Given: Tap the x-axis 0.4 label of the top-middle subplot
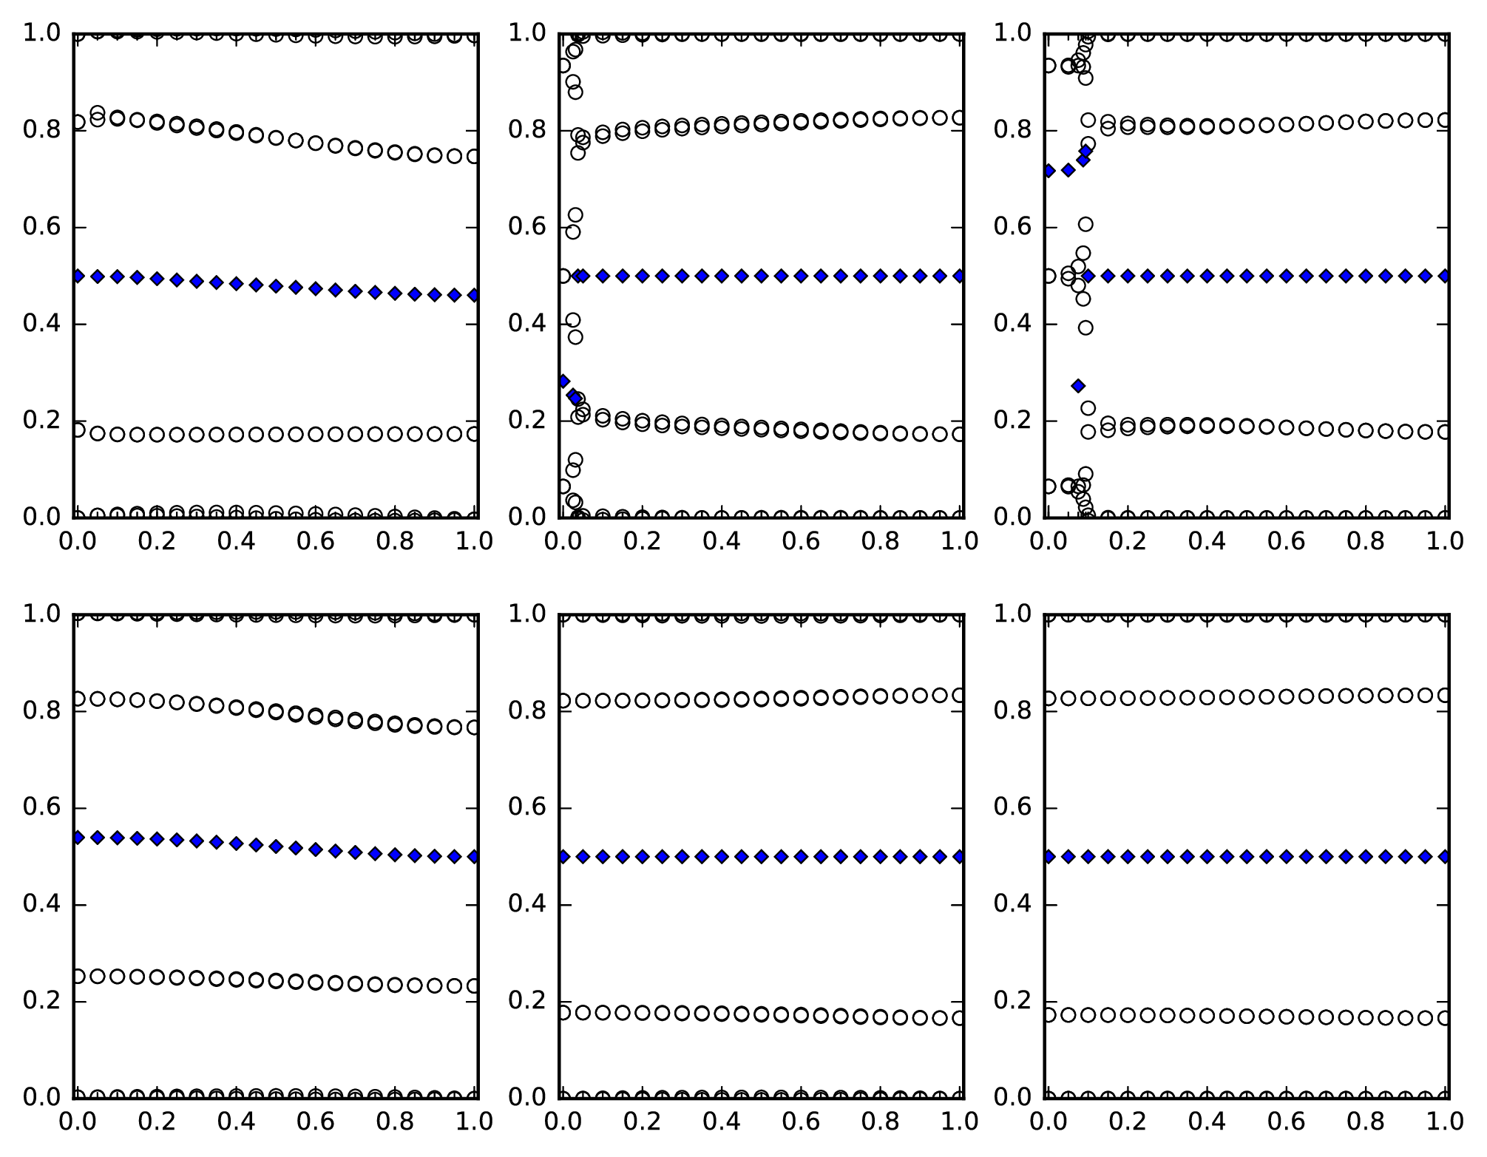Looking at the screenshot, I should tap(721, 541).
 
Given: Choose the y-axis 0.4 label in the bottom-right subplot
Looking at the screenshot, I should tap(1015, 905).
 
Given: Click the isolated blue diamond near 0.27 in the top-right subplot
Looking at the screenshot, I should tap(1078, 386).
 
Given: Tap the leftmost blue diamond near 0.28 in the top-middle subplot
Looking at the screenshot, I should tap(563, 381).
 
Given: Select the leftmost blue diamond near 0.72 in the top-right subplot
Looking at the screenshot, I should tap(1048, 171).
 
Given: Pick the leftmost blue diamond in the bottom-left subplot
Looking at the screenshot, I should tap(77, 838).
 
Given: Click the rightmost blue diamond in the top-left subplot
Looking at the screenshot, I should tap(474, 295).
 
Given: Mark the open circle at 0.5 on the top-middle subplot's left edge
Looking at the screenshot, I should tap(563, 276).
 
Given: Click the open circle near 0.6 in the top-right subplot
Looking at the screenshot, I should tap(1085, 224).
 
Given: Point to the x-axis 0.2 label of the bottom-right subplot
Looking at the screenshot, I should tap(1127, 1122).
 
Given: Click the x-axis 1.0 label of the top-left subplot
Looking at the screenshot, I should tap(474, 541).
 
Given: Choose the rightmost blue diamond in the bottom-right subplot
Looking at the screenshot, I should tap(1446, 857).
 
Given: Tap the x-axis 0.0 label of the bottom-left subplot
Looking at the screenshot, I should tap(76, 1122).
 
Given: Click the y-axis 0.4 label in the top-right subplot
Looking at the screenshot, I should tap(1015, 324).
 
